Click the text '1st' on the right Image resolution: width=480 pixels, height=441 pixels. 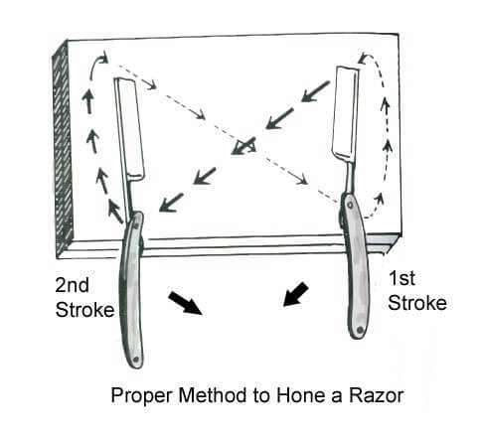tap(401, 278)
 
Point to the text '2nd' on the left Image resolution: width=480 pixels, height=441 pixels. tap(72, 285)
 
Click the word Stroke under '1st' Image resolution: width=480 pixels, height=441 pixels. tap(417, 303)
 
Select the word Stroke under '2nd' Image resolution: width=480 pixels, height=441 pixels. tap(84, 310)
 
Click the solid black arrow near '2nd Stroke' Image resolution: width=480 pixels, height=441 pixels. tap(185, 303)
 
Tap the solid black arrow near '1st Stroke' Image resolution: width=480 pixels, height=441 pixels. tap(296, 294)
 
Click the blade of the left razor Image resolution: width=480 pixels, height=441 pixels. tap(130, 129)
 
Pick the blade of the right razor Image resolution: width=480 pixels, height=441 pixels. tap(346, 112)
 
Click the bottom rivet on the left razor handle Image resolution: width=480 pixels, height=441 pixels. tap(135, 360)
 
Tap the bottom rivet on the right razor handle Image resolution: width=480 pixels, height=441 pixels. tap(361, 330)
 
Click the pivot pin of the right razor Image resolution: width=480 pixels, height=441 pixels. tap(350, 206)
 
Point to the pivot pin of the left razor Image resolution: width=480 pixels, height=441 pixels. tap(136, 225)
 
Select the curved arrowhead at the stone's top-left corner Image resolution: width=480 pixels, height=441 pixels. tap(103, 58)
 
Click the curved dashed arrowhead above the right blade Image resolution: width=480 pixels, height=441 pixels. tap(362, 59)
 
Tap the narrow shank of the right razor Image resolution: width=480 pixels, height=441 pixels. tap(348, 177)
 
